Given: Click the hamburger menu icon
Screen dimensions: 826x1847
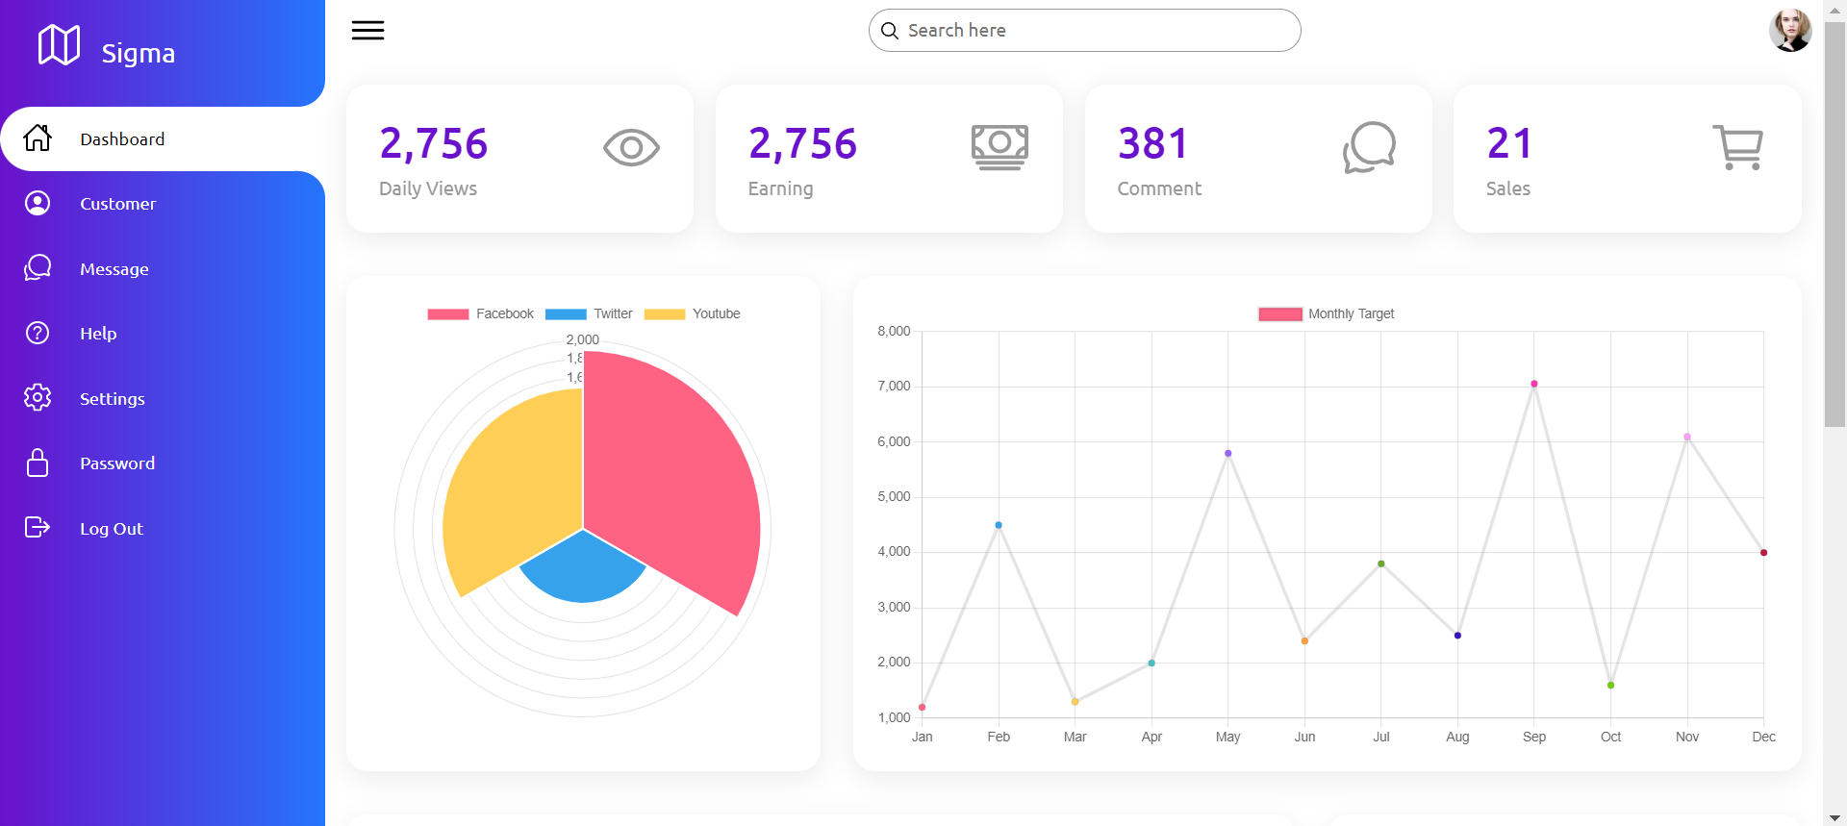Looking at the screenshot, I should [x=367, y=31].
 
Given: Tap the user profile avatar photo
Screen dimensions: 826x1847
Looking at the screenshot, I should [x=1789, y=31].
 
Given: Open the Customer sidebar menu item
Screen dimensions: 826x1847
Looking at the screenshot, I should [x=117, y=204].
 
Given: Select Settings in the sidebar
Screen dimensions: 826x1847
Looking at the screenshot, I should [x=112, y=398].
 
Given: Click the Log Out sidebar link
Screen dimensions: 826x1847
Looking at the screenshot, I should [x=111, y=528].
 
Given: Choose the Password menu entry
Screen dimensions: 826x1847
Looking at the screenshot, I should [x=116, y=463].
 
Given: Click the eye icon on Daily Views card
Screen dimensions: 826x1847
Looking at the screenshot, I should [x=631, y=148].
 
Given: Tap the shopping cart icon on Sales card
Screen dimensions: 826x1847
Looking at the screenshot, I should [x=1737, y=148].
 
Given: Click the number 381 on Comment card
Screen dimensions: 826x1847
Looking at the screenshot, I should [x=1152, y=144].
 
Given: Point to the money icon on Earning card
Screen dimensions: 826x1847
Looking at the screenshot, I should [x=999, y=147].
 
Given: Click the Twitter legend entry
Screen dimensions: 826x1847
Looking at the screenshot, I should [x=589, y=314].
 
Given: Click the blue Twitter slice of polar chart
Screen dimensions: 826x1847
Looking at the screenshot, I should [x=583, y=572].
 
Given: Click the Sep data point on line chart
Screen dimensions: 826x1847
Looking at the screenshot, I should [x=1534, y=384].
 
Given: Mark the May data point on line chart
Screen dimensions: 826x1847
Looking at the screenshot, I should [x=1228, y=453].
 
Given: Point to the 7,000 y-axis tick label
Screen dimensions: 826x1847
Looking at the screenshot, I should [x=894, y=387].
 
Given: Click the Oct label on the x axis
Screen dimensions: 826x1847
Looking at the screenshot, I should [x=1610, y=738].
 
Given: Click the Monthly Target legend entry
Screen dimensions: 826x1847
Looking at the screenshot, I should [x=1327, y=314].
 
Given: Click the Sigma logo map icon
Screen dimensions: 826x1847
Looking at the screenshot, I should [x=59, y=45].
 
